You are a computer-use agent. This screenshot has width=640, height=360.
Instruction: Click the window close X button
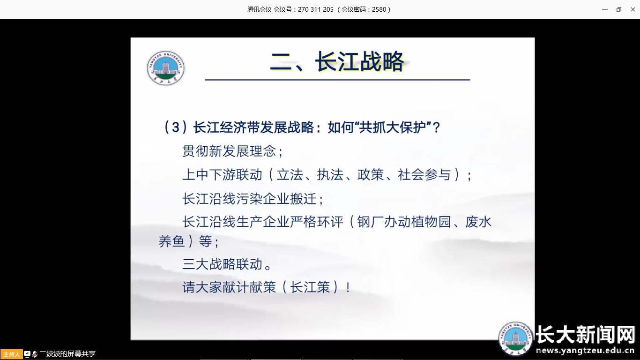633,9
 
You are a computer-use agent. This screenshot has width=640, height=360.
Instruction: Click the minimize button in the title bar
605,9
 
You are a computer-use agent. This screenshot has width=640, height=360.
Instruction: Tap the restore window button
619,9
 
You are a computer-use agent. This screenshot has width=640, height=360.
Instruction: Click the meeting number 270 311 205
316,9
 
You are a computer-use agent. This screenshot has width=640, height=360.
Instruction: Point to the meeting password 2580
379,9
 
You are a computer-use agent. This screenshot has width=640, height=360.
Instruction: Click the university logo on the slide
166,68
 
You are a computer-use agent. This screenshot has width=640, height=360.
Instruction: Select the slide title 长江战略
359,61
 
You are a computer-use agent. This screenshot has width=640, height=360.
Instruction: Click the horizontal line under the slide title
337,80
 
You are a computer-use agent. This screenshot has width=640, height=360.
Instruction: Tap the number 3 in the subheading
176,127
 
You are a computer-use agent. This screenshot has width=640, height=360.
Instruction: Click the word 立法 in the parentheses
290,175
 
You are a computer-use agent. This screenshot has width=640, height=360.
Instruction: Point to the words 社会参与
424,175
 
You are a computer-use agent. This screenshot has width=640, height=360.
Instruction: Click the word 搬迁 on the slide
303,199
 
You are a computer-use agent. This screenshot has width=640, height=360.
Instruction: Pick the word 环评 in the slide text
330,222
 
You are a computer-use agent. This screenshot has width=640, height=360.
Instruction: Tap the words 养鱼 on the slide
172,241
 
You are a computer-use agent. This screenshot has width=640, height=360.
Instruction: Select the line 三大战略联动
222,264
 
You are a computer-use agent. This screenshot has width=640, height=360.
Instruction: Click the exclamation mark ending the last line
348,287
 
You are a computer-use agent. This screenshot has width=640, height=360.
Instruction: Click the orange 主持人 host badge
11,354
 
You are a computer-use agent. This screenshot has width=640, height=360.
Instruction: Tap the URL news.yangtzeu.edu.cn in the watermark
585,351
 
